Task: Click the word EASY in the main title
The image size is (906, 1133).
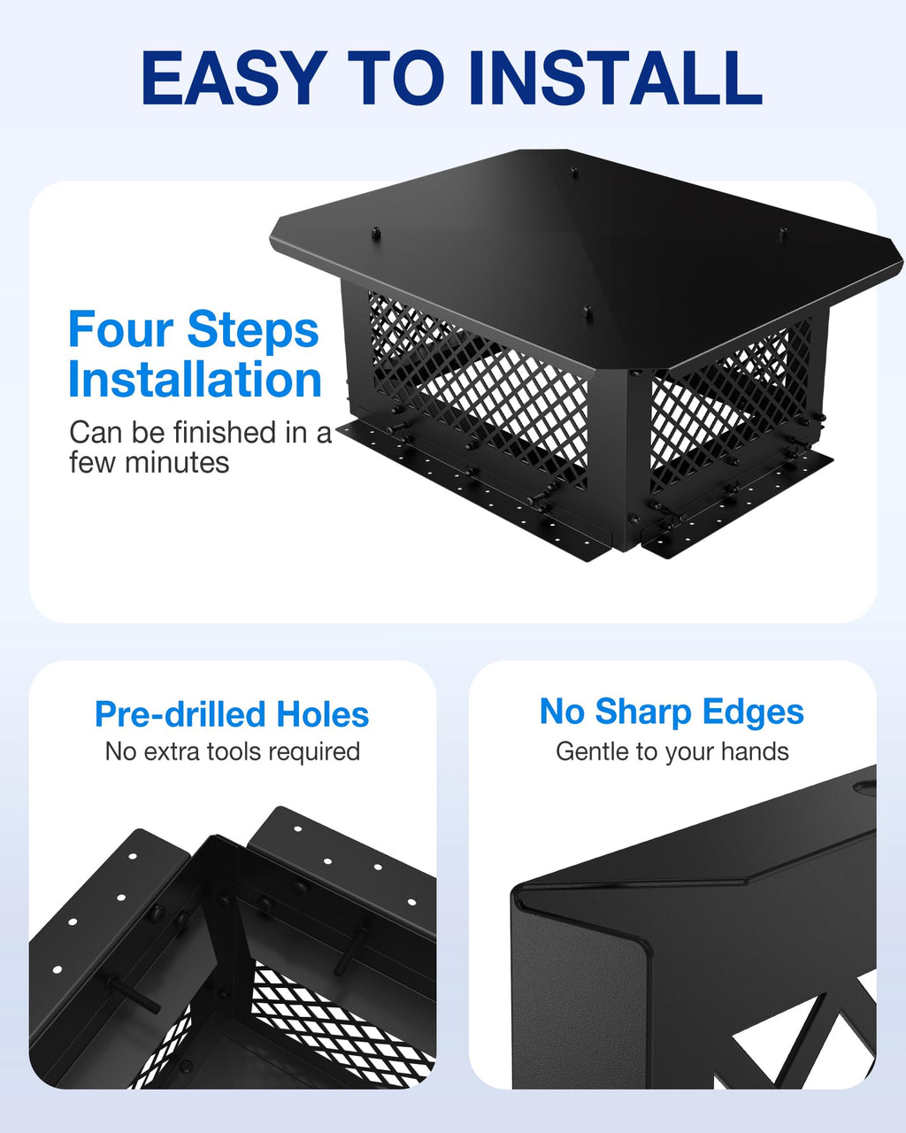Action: pos(232,79)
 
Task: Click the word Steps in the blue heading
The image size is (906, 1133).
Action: pos(253,331)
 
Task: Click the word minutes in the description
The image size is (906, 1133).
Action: pos(176,463)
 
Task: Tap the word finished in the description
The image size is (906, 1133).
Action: pos(226,433)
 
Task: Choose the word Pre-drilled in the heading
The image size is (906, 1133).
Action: pos(180,714)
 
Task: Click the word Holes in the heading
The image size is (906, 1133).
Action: pos(323,714)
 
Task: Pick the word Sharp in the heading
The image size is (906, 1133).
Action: pos(642,712)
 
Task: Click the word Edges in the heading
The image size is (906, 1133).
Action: pos(753,713)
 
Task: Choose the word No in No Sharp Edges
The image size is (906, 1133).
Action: pos(562,712)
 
